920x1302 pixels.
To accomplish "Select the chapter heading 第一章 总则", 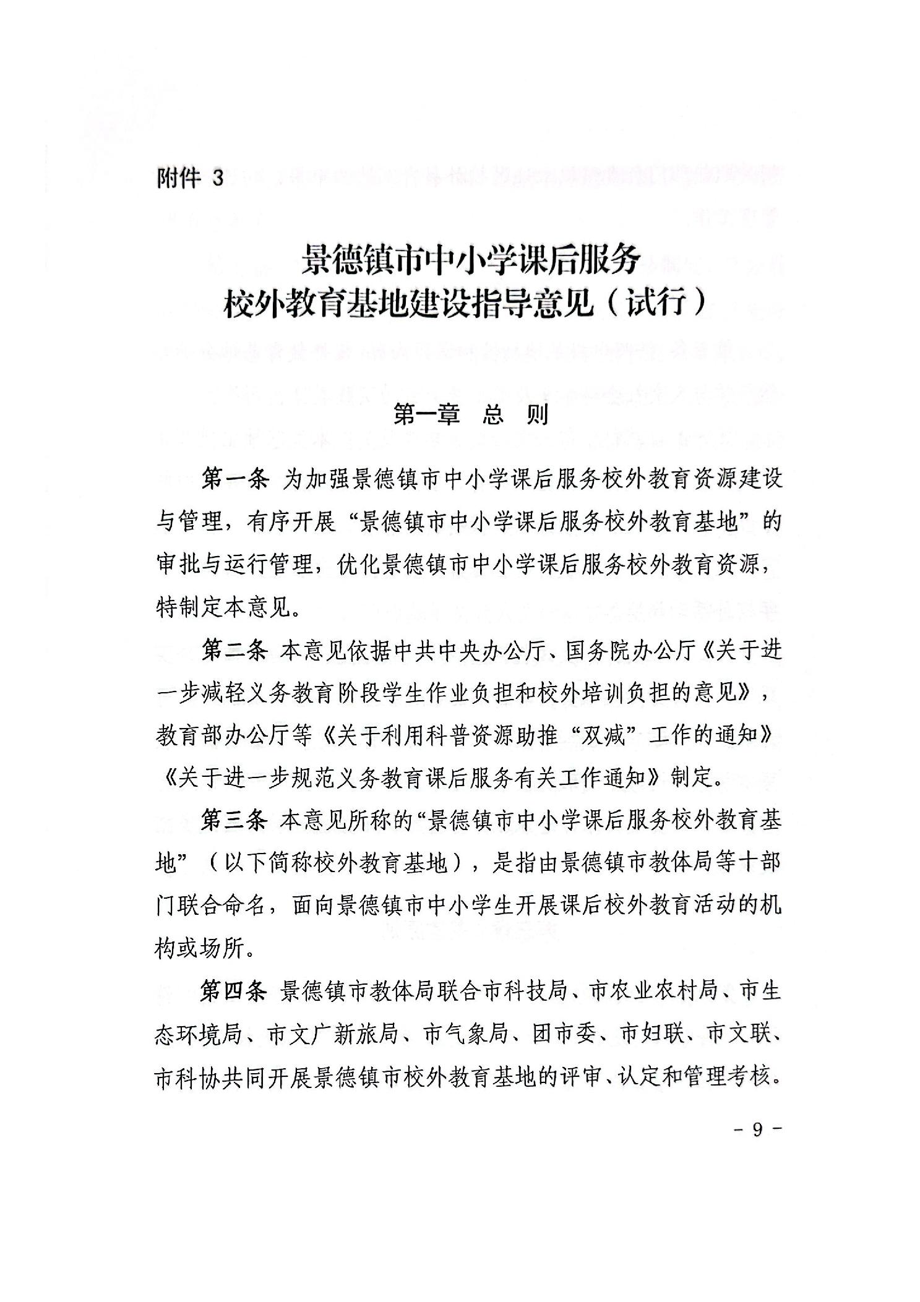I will (x=471, y=415).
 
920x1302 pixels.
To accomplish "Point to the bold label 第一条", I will (x=234, y=479).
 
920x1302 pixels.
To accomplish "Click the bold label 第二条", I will (x=234, y=651).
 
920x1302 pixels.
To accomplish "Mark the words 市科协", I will (x=188, y=1076).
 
